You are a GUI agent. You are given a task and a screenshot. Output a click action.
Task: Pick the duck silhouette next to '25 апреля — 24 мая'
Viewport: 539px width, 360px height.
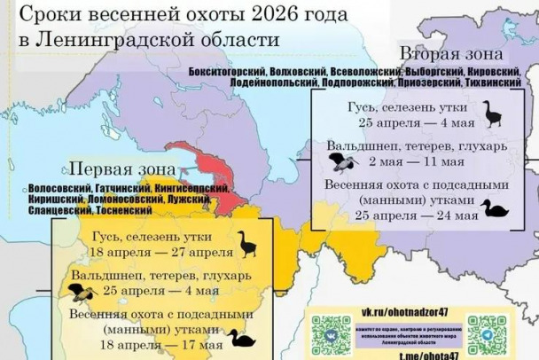[492, 208]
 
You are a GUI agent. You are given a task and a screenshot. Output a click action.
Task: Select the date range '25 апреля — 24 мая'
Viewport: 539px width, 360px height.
[411, 214]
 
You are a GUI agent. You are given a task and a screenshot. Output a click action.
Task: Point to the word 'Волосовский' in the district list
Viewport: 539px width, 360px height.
[55, 188]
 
